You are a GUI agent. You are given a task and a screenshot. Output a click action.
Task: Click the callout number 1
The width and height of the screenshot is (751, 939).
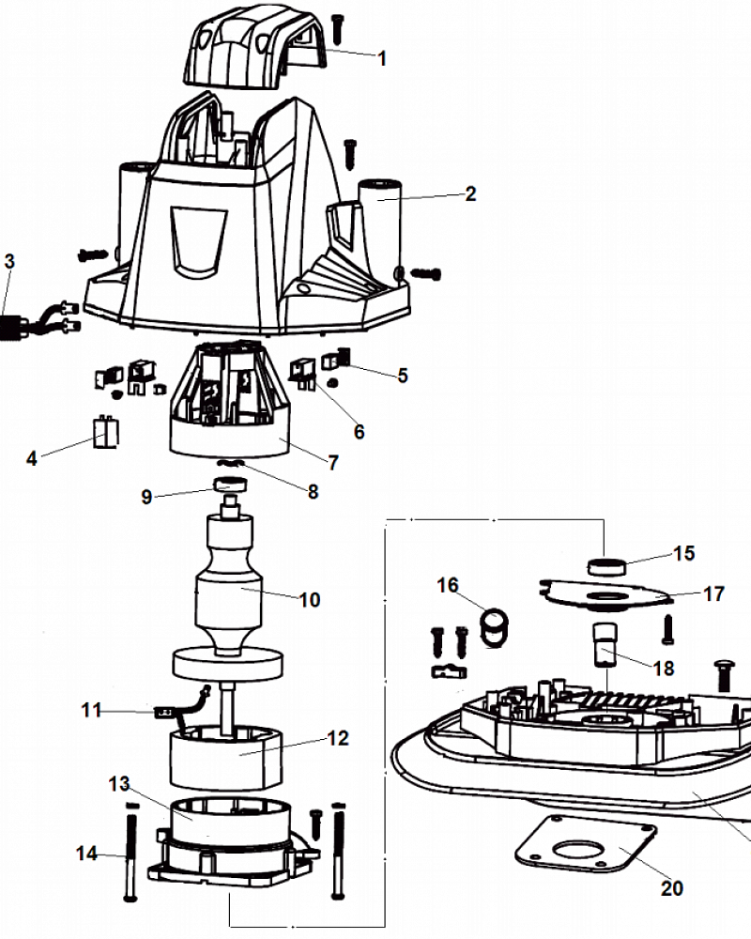click(382, 58)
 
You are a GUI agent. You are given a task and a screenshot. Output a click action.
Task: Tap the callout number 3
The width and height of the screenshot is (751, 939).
click(9, 262)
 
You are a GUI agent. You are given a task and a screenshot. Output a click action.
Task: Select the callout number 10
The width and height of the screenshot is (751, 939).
click(310, 599)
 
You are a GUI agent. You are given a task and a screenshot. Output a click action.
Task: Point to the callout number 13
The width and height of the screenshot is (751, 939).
click(119, 783)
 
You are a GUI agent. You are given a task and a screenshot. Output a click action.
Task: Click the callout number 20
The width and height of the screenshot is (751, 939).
click(672, 888)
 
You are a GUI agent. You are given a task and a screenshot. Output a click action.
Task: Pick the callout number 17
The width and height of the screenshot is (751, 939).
click(713, 594)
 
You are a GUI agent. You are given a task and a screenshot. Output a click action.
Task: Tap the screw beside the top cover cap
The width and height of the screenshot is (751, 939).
click(338, 29)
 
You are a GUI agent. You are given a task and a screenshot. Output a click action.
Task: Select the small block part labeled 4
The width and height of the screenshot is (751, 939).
click(106, 432)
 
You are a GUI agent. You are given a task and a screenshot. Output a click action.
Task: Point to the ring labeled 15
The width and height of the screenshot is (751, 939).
click(606, 566)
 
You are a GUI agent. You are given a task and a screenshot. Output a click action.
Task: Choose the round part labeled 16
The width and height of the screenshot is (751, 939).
click(494, 626)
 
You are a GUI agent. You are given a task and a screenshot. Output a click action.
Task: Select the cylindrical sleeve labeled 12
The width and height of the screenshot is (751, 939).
click(226, 757)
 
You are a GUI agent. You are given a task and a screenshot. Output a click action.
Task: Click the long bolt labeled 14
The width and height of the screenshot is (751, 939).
click(130, 852)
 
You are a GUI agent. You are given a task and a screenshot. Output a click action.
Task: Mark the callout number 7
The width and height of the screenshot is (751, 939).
click(333, 462)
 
